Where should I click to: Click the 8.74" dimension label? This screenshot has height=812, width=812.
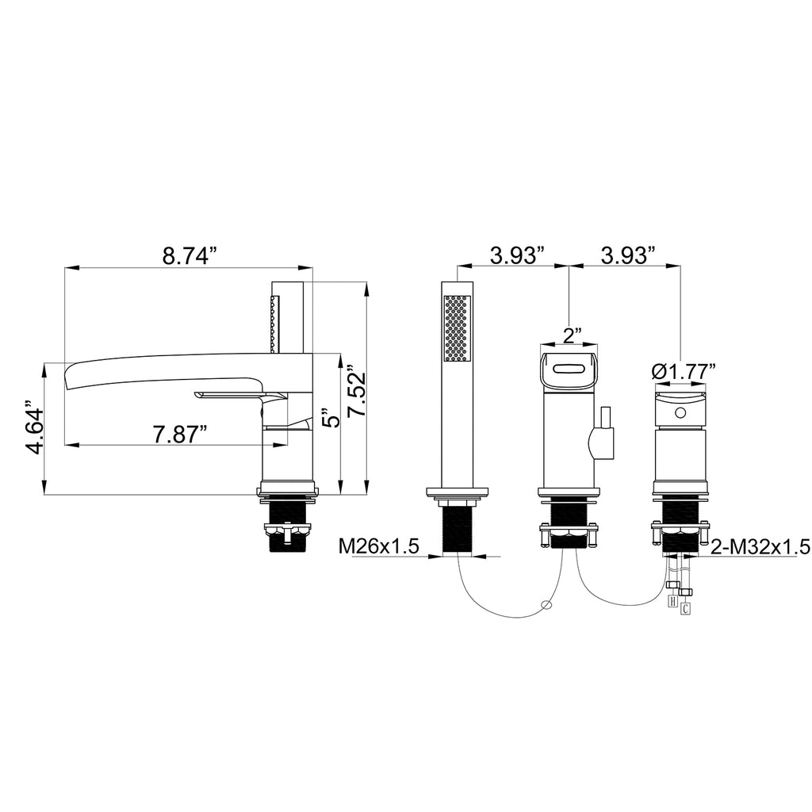point(189,255)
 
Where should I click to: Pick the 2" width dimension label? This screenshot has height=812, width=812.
point(570,335)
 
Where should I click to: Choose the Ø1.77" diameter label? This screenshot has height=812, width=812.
point(684,371)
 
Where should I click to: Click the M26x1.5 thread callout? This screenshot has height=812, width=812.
point(378,546)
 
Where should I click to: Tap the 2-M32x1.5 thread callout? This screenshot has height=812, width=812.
point(760,546)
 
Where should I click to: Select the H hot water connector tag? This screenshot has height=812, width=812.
point(673,601)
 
